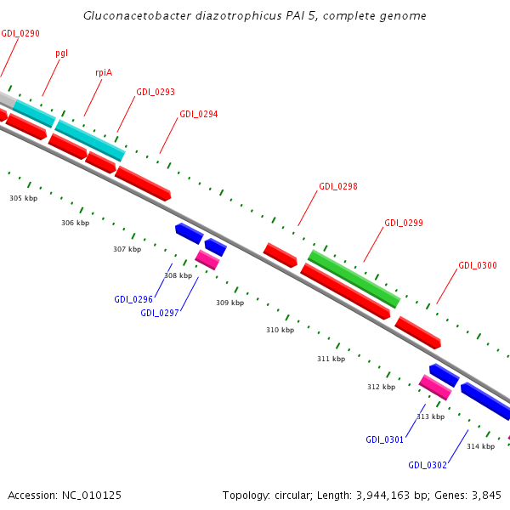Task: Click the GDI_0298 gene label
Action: point(337,186)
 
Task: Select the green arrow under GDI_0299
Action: point(354,279)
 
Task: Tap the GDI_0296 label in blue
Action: point(133,299)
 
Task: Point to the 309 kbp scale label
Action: point(229,303)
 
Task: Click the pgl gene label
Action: point(62,53)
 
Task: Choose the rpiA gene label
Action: point(104,72)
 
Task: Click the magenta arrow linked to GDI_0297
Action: point(207,259)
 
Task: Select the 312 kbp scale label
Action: point(381,387)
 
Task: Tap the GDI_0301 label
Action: point(385,439)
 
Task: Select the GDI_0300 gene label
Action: point(478,265)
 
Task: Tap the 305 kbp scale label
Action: point(24,198)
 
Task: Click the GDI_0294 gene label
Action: point(198,114)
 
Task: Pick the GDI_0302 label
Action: point(427,465)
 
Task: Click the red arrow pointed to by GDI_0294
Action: point(143,183)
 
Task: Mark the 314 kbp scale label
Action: point(480,446)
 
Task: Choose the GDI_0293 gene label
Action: point(156,92)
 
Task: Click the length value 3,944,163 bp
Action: point(381,495)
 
